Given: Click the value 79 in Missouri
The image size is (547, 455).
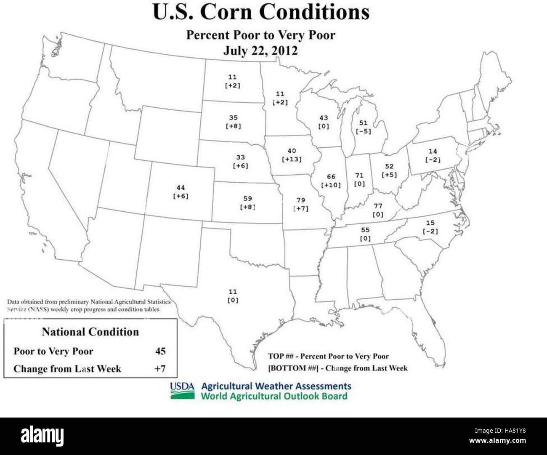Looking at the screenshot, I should [x=300, y=200].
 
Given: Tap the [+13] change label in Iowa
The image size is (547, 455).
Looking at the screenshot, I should [x=292, y=160].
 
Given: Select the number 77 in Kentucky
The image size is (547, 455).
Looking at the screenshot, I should [x=378, y=206].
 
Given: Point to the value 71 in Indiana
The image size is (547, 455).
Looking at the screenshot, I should [x=359, y=175].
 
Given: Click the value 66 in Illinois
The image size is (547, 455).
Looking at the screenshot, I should [x=331, y=177].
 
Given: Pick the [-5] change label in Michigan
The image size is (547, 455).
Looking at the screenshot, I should [x=363, y=131].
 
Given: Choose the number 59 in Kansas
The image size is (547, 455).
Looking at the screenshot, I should [x=248, y=198].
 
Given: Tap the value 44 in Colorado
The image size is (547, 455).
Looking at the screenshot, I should [x=181, y=188].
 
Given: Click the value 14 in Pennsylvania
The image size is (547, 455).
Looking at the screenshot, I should [x=433, y=151].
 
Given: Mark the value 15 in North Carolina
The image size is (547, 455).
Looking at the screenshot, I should [x=430, y=223].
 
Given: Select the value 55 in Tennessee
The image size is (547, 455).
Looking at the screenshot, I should [x=365, y=230].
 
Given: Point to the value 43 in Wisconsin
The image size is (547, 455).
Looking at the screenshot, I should [x=323, y=118].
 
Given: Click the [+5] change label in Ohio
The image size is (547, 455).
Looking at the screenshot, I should [x=389, y=175].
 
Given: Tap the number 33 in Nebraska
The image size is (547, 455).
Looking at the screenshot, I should [x=240, y=157].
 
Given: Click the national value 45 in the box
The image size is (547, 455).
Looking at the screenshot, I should [x=160, y=351].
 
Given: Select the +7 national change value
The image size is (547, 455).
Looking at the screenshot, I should [x=160, y=369].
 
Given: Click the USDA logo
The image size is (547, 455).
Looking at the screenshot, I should [x=182, y=390].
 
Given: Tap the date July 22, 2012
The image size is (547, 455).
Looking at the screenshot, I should [x=260, y=51].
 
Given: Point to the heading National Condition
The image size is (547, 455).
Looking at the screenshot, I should [x=90, y=332].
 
